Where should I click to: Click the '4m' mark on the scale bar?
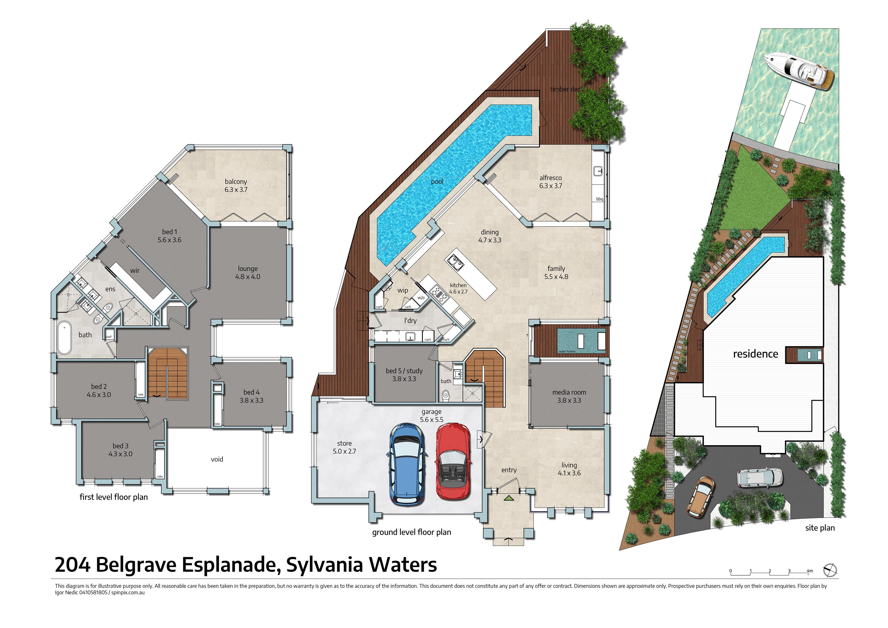pyautogui.click(x=810, y=571)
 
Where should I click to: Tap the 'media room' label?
pyautogui.click(x=569, y=392)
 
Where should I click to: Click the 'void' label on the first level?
pyautogui.click(x=217, y=459)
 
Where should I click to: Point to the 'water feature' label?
pyautogui.click(x=567, y=351)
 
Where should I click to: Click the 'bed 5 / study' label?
pyautogui.click(x=404, y=371)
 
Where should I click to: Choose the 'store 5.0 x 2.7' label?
pyautogui.click(x=344, y=447)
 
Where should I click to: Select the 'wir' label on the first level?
pyautogui.click(x=135, y=270)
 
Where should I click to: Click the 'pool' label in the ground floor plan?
pyautogui.click(x=437, y=182)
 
